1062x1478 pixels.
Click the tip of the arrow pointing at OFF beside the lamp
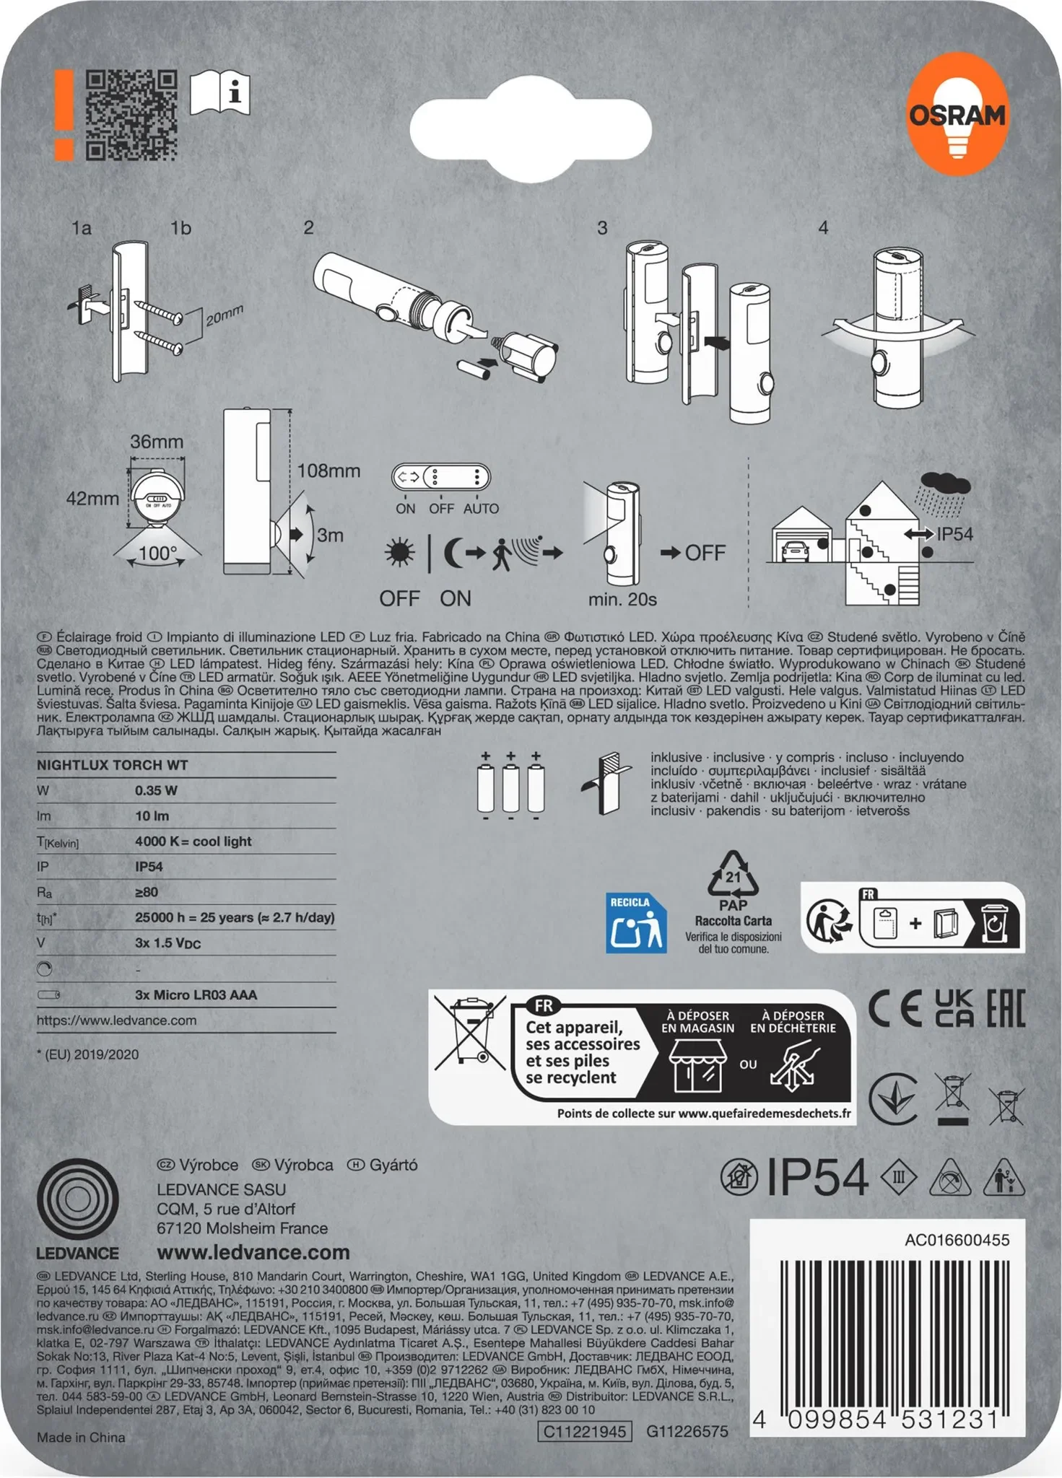point(681,553)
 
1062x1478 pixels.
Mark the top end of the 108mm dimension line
point(291,410)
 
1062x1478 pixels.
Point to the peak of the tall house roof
point(882,483)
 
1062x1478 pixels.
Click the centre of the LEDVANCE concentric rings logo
point(77,1199)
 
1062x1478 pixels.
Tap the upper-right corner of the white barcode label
point(1024,1220)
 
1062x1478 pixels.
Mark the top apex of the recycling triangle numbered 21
point(733,852)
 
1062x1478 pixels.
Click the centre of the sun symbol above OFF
point(399,553)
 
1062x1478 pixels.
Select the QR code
point(131,115)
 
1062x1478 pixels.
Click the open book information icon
point(220,92)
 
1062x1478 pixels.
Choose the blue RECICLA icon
point(635,923)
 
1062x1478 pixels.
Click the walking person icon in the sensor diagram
point(502,554)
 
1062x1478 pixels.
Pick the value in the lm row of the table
point(152,815)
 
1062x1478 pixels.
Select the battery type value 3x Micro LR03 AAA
point(196,994)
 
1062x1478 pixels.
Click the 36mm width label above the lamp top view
point(156,442)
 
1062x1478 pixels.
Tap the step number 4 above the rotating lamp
point(823,228)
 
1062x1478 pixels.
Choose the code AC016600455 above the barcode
point(957,1240)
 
